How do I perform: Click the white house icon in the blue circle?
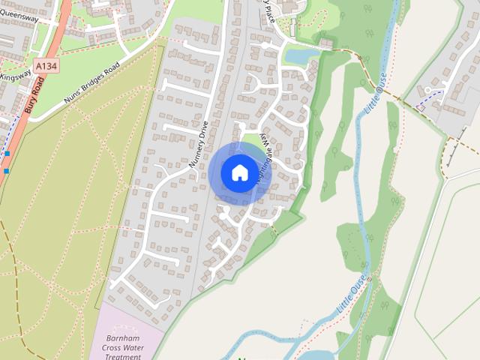pyautogui.click(x=239, y=172)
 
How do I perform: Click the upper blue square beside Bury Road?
pyautogui.click(x=7, y=154)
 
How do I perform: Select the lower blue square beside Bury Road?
pyautogui.click(x=6, y=171)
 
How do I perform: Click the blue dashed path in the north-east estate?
pyautogui.click(x=430, y=94)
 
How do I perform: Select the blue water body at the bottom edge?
pyautogui.click(x=315, y=354)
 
